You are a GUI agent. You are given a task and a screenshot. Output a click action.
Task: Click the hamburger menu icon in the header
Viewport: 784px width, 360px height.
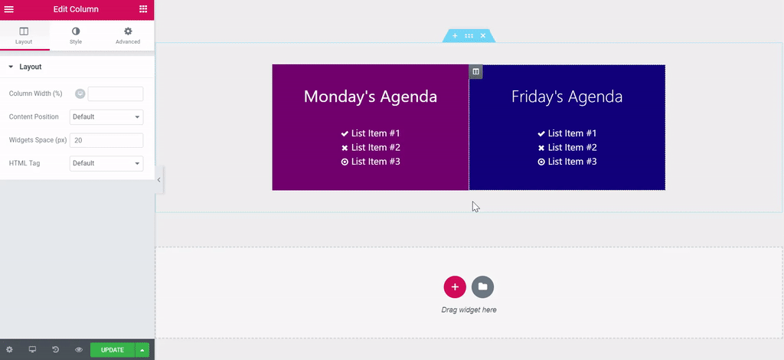point(9,9)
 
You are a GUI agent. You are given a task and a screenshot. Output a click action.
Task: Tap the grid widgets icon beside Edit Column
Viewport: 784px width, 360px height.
point(143,9)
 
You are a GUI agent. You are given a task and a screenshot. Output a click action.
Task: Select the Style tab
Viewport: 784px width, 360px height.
point(76,35)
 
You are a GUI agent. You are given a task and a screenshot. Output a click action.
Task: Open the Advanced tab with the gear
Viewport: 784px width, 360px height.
point(128,35)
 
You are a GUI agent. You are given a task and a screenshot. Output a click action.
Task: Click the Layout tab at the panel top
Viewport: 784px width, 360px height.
point(24,35)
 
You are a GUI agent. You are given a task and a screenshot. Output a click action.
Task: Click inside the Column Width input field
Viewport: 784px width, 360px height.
point(116,93)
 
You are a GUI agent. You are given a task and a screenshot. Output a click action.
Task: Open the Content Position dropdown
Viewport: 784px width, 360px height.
point(106,117)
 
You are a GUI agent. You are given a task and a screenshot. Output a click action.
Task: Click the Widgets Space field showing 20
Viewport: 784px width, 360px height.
point(106,140)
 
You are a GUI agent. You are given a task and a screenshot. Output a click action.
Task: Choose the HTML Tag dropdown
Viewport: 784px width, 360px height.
point(106,163)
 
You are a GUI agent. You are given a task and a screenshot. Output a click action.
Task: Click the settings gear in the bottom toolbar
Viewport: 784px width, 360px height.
point(9,350)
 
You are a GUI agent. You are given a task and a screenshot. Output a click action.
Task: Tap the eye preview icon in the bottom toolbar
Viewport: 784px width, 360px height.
point(79,350)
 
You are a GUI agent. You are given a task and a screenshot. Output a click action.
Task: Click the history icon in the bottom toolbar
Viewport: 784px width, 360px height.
point(55,350)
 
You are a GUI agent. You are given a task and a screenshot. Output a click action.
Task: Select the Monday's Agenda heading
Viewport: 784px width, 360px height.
point(371,97)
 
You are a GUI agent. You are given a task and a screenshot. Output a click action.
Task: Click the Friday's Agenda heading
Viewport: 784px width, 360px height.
point(567,97)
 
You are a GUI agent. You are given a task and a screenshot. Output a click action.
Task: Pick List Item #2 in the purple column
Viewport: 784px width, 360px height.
point(371,148)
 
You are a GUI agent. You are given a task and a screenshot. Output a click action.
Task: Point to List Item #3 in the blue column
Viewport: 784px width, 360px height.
point(567,162)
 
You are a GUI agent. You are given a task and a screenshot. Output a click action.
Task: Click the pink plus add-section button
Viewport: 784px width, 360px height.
point(455,286)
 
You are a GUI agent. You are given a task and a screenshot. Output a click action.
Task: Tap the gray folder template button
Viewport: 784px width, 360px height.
point(482,286)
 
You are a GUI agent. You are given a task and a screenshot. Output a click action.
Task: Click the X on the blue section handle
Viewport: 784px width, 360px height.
point(483,36)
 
